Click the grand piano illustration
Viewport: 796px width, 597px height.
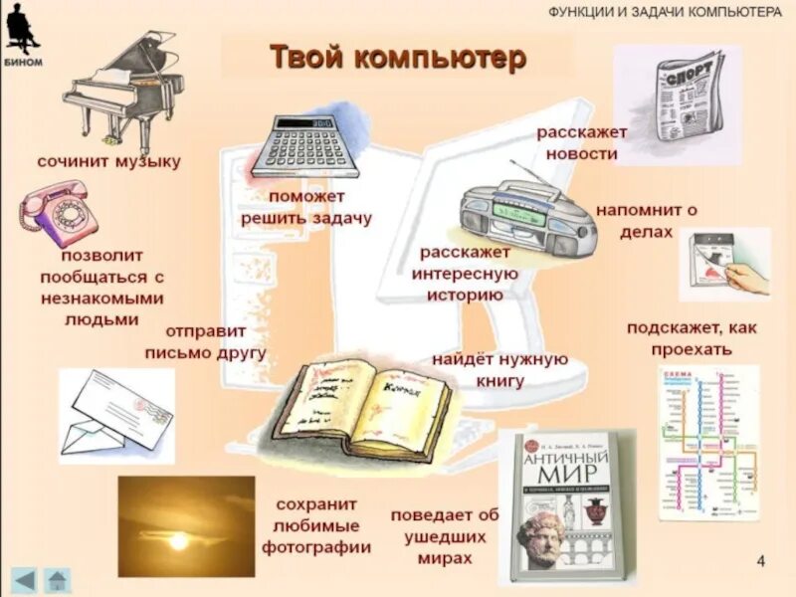[124, 90]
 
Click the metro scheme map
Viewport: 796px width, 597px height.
[707, 443]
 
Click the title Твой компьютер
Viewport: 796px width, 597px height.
[397, 58]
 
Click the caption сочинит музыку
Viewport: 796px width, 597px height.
[109, 161]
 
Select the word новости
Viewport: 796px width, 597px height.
[581, 154]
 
